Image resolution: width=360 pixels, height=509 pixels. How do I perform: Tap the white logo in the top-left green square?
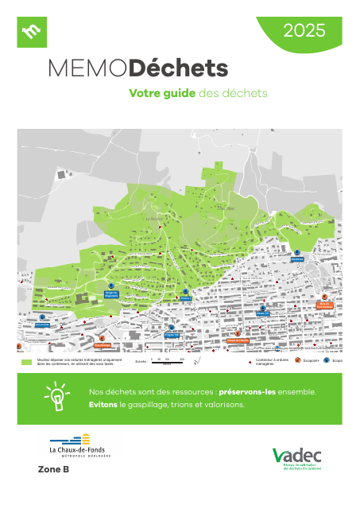[x=32, y=32]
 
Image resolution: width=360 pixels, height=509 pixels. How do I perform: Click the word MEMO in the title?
[x=87, y=70]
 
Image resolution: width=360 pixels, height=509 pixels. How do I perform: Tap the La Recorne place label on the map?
[x=154, y=216]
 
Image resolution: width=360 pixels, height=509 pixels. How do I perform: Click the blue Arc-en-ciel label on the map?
[x=43, y=324]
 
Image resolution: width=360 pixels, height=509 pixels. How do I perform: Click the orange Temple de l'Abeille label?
[x=238, y=340]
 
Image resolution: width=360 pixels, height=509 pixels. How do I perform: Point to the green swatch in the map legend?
[x=26, y=361]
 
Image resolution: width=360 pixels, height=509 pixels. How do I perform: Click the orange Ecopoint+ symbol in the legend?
[x=297, y=360]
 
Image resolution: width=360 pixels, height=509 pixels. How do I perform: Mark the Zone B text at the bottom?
[x=53, y=470]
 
